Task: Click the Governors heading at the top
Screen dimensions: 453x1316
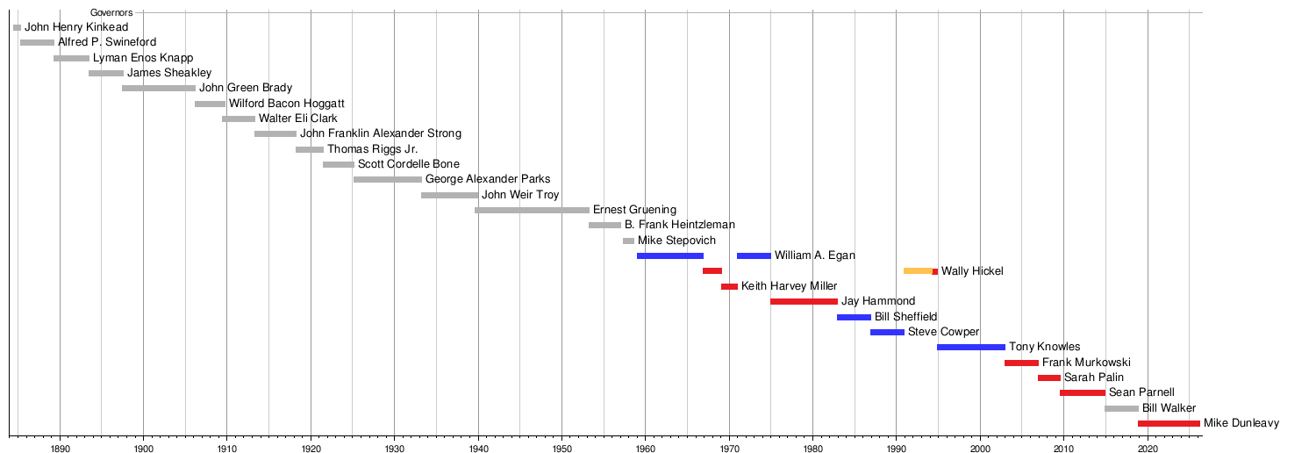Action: tap(111, 13)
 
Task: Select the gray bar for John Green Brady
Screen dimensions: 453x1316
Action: tap(159, 88)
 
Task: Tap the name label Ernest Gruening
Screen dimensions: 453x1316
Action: tap(634, 210)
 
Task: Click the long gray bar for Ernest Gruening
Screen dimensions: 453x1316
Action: tap(532, 210)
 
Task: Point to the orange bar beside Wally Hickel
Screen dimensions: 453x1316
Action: tap(918, 271)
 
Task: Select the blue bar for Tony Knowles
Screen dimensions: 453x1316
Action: tap(970, 347)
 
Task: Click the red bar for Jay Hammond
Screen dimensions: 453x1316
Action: tap(804, 301)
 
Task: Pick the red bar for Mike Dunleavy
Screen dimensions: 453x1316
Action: tap(1169, 423)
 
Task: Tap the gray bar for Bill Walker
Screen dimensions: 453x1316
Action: tap(1121, 408)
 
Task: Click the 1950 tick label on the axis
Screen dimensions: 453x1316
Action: tap(561, 448)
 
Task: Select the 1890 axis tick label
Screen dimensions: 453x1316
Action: tap(60, 448)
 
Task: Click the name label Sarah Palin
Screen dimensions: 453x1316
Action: tap(1093, 377)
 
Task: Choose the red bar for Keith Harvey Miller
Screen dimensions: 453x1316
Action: tap(729, 286)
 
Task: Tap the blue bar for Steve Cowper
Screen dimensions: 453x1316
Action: tap(887, 332)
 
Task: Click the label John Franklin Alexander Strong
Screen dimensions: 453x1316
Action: tap(380, 133)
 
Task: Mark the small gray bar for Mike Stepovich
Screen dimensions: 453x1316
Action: tap(628, 241)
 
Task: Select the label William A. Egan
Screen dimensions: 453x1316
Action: tap(814, 255)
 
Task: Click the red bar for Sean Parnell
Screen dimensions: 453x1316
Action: tap(1083, 392)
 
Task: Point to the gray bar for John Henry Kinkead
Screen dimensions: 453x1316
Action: tap(17, 27)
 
